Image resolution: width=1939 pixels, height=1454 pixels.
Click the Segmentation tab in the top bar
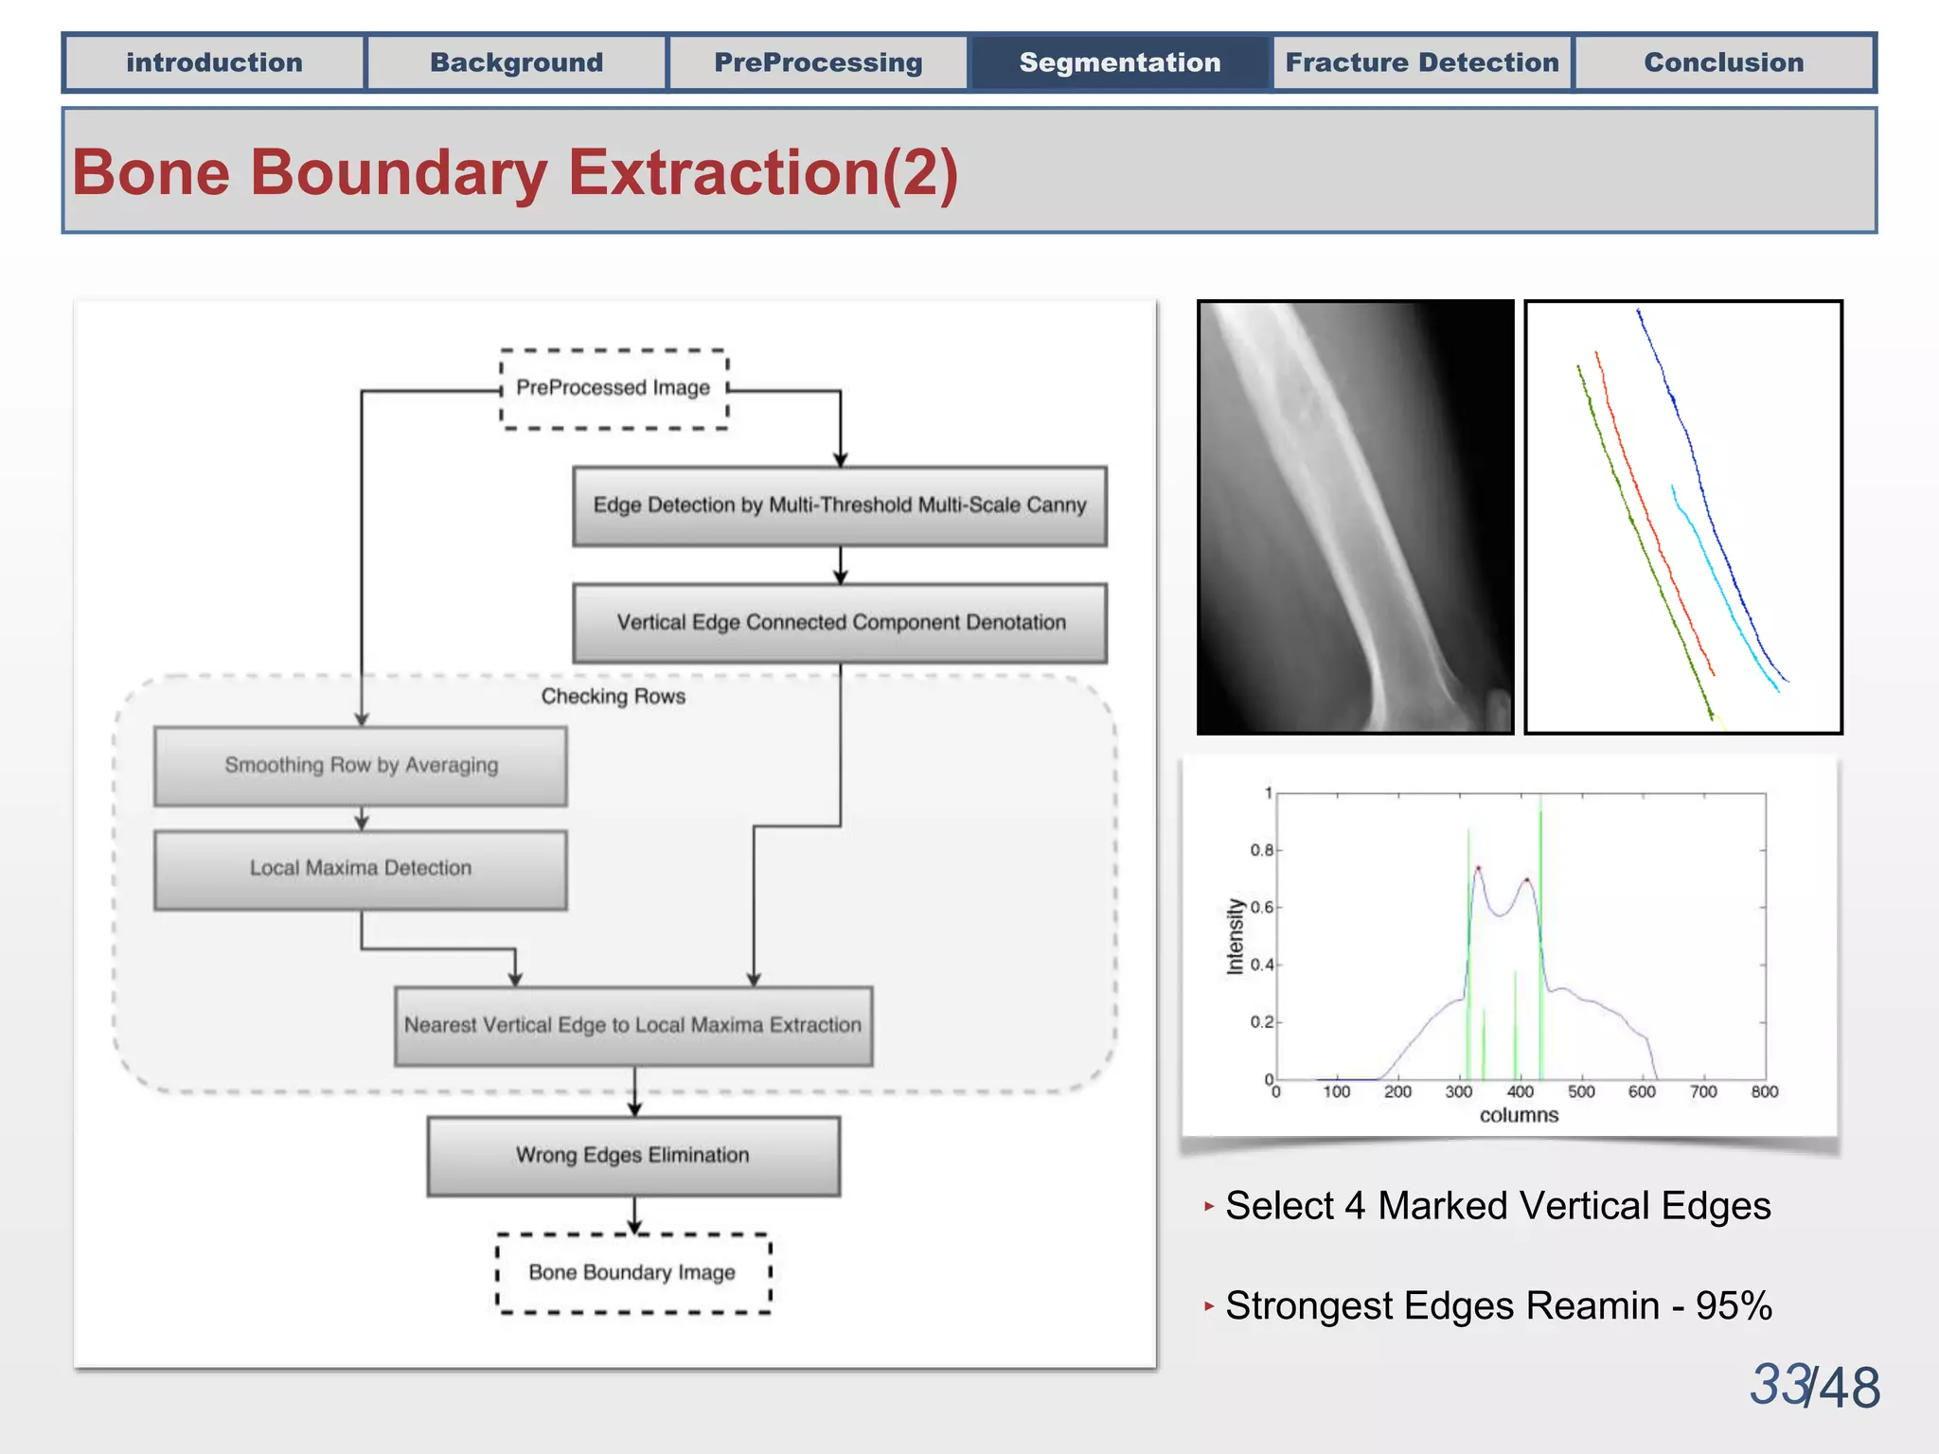point(1119,62)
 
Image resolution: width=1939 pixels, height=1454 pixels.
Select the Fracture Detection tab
point(1421,62)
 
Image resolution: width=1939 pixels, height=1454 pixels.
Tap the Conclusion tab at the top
point(1723,62)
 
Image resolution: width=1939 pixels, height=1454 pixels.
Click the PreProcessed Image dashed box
point(614,388)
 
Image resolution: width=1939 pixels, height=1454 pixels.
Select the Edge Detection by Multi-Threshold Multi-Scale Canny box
point(840,505)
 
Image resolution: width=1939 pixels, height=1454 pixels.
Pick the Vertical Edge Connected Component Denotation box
point(840,623)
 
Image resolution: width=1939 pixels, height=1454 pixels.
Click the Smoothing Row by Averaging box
point(361,765)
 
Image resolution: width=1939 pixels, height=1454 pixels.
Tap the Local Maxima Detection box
point(361,869)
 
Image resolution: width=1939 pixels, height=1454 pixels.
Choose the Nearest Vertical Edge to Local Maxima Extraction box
point(633,1025)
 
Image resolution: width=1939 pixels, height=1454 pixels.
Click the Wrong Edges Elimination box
point(633,1156)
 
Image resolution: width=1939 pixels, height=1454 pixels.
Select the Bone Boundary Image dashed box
point(633,1273)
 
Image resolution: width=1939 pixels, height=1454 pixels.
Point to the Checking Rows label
point(613,697)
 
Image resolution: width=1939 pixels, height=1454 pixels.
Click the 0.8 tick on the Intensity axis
point(1261,850)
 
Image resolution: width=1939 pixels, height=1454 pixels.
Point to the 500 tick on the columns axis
point(1581,1092)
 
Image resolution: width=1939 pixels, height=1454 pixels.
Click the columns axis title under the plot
point(1519,1116)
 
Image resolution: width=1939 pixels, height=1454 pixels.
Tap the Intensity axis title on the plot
point(1235,936)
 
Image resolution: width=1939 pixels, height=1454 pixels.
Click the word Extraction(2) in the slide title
point(763,173)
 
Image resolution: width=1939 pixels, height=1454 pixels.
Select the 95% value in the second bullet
point(1734,1306)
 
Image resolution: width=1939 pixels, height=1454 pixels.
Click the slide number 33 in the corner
point(1779,1385)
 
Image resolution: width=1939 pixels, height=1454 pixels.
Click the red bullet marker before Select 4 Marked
point(1209,1206)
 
